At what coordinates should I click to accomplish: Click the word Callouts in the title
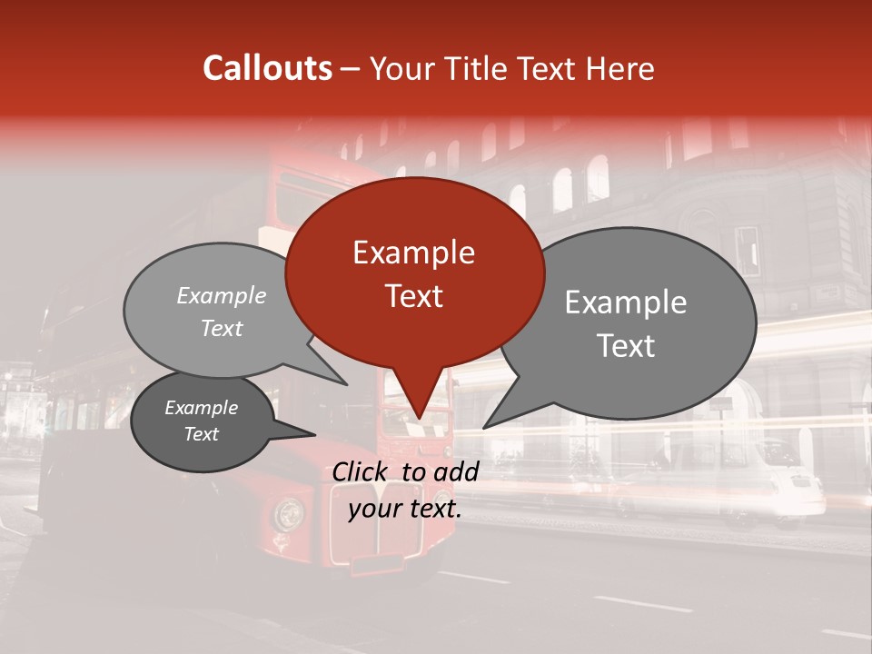coord(267,68)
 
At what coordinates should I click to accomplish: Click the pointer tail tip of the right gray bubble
coord(484,427)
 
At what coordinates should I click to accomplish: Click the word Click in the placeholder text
coord(362,471)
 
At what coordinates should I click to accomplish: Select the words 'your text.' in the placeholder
coord(405,510)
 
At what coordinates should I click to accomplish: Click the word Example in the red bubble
coord(413,253)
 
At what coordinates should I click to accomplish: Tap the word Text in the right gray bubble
coord(626,346)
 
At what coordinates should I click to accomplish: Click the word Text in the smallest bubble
coord(202,434)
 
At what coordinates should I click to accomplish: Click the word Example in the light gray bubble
coord(222,296)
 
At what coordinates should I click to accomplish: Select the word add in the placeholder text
coord(457,471)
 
